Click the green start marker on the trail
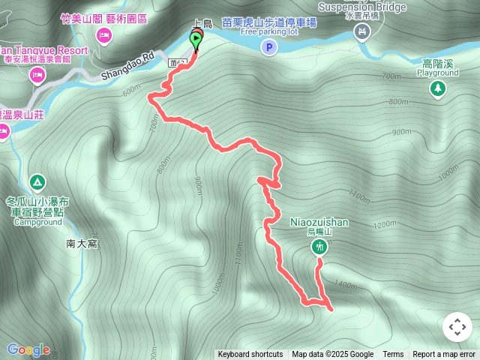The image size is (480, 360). coord(196,40)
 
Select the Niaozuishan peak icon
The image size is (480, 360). coord(319,247)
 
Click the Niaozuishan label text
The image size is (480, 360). coord(319,222)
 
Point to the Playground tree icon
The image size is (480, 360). coord(437,88)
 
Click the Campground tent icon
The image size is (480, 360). coord(36,182)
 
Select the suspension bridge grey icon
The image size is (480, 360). coord(362,31)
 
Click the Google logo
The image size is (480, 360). coord(28,349)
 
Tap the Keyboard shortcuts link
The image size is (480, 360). coord(250,355)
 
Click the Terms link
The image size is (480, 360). coord(393,355)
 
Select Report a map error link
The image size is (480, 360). coord(444,355)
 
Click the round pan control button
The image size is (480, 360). coord(457,327)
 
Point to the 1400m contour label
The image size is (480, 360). coord(346,285)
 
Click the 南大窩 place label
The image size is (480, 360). coord(82,243)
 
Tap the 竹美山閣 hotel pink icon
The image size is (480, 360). coord(104,35)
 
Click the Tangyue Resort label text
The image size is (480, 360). coord(45,51)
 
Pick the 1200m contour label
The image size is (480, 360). coord(382,224)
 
